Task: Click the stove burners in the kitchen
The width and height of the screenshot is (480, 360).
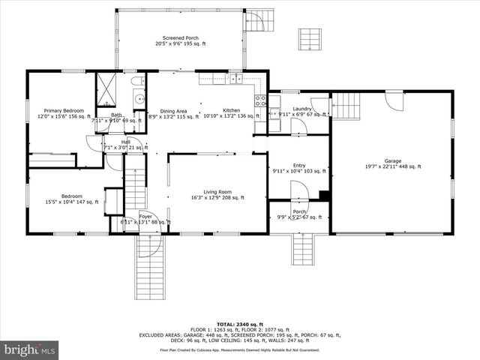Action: click(x=260, y=103)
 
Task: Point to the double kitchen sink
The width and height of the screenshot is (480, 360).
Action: click(x=235, y=78)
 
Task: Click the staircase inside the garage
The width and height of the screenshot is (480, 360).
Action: click(x=346, y=106)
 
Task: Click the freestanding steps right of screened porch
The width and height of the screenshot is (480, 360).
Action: click(x=309, y=39)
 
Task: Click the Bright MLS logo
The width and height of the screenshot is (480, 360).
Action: click(x=28, y=349)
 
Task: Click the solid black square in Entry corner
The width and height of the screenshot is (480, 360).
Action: click(x=324, y=196)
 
